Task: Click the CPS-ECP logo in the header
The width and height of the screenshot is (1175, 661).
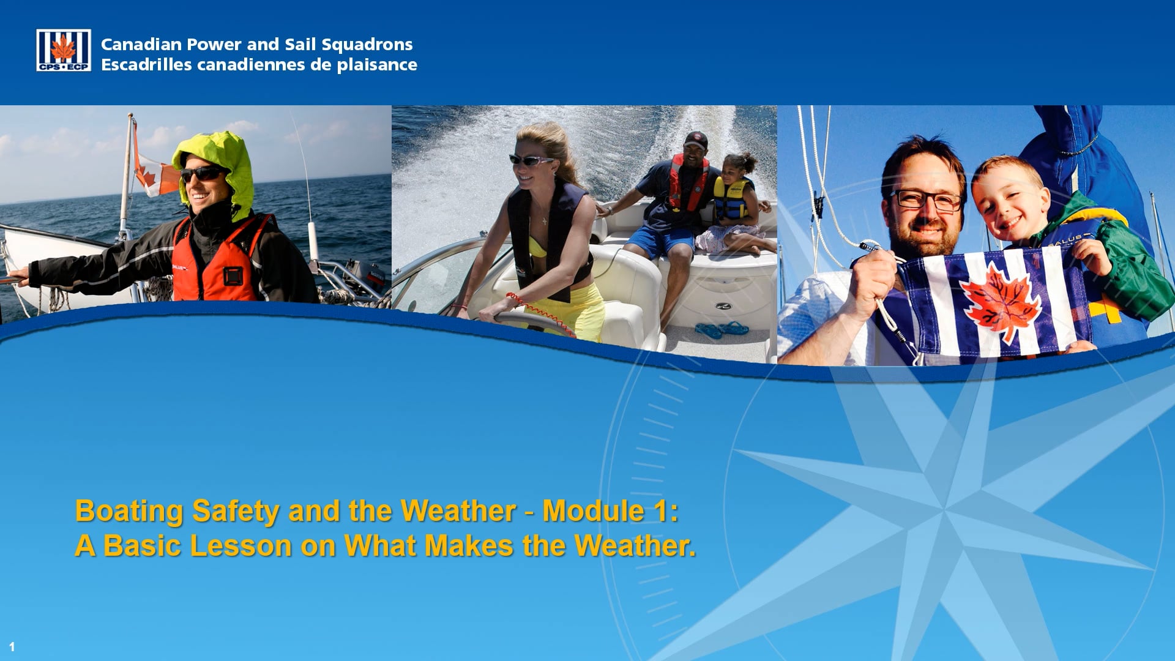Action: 64,50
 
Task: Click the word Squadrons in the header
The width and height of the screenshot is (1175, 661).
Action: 367,45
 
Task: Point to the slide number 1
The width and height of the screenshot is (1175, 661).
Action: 12,646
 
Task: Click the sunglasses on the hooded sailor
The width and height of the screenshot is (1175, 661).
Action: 201,174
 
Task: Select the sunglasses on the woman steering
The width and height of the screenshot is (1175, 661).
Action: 530,160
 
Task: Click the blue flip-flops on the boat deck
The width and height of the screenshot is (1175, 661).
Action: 722,329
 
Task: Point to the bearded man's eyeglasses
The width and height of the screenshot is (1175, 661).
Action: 925,200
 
